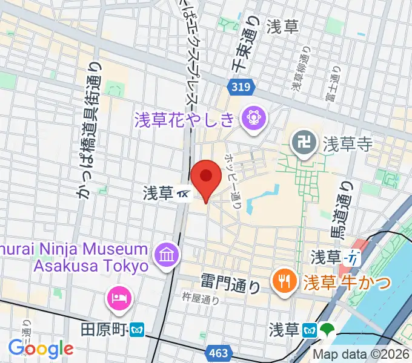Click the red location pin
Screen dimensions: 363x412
[x=205, y=177]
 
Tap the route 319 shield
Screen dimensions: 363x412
[x=240, y=88]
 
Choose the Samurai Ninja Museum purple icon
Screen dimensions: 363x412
[x=165, y=253]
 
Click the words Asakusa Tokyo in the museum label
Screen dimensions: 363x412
[x=91, y=266]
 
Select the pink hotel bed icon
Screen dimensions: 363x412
[x=117, y=297]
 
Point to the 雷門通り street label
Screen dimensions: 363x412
[x=232, y=282]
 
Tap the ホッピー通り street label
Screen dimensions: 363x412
[x=233, y=180]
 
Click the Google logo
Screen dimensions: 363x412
[x=41, y=348]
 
